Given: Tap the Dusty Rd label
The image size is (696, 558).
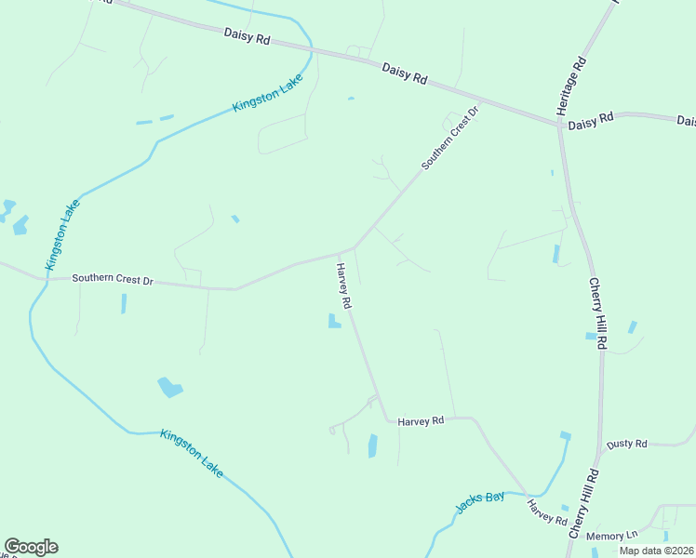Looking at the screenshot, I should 626,444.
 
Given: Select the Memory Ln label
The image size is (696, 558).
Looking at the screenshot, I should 612,536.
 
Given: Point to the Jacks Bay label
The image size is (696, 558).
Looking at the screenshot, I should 480,502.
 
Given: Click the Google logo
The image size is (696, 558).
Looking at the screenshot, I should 31,547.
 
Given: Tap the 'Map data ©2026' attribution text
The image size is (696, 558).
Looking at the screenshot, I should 655,551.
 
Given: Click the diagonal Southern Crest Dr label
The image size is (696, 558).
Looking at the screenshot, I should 449,138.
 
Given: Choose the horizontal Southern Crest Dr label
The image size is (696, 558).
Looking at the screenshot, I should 112,278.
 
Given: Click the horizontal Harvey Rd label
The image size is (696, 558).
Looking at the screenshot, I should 422,421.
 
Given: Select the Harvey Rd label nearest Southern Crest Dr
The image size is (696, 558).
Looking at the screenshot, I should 343,286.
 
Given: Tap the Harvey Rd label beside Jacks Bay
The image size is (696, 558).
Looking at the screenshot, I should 547,512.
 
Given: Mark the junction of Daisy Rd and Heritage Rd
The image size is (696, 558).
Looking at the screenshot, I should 558,124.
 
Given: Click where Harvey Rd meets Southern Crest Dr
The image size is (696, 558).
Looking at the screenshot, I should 354,247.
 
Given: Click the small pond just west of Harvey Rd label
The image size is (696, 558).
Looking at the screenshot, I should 332,322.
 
